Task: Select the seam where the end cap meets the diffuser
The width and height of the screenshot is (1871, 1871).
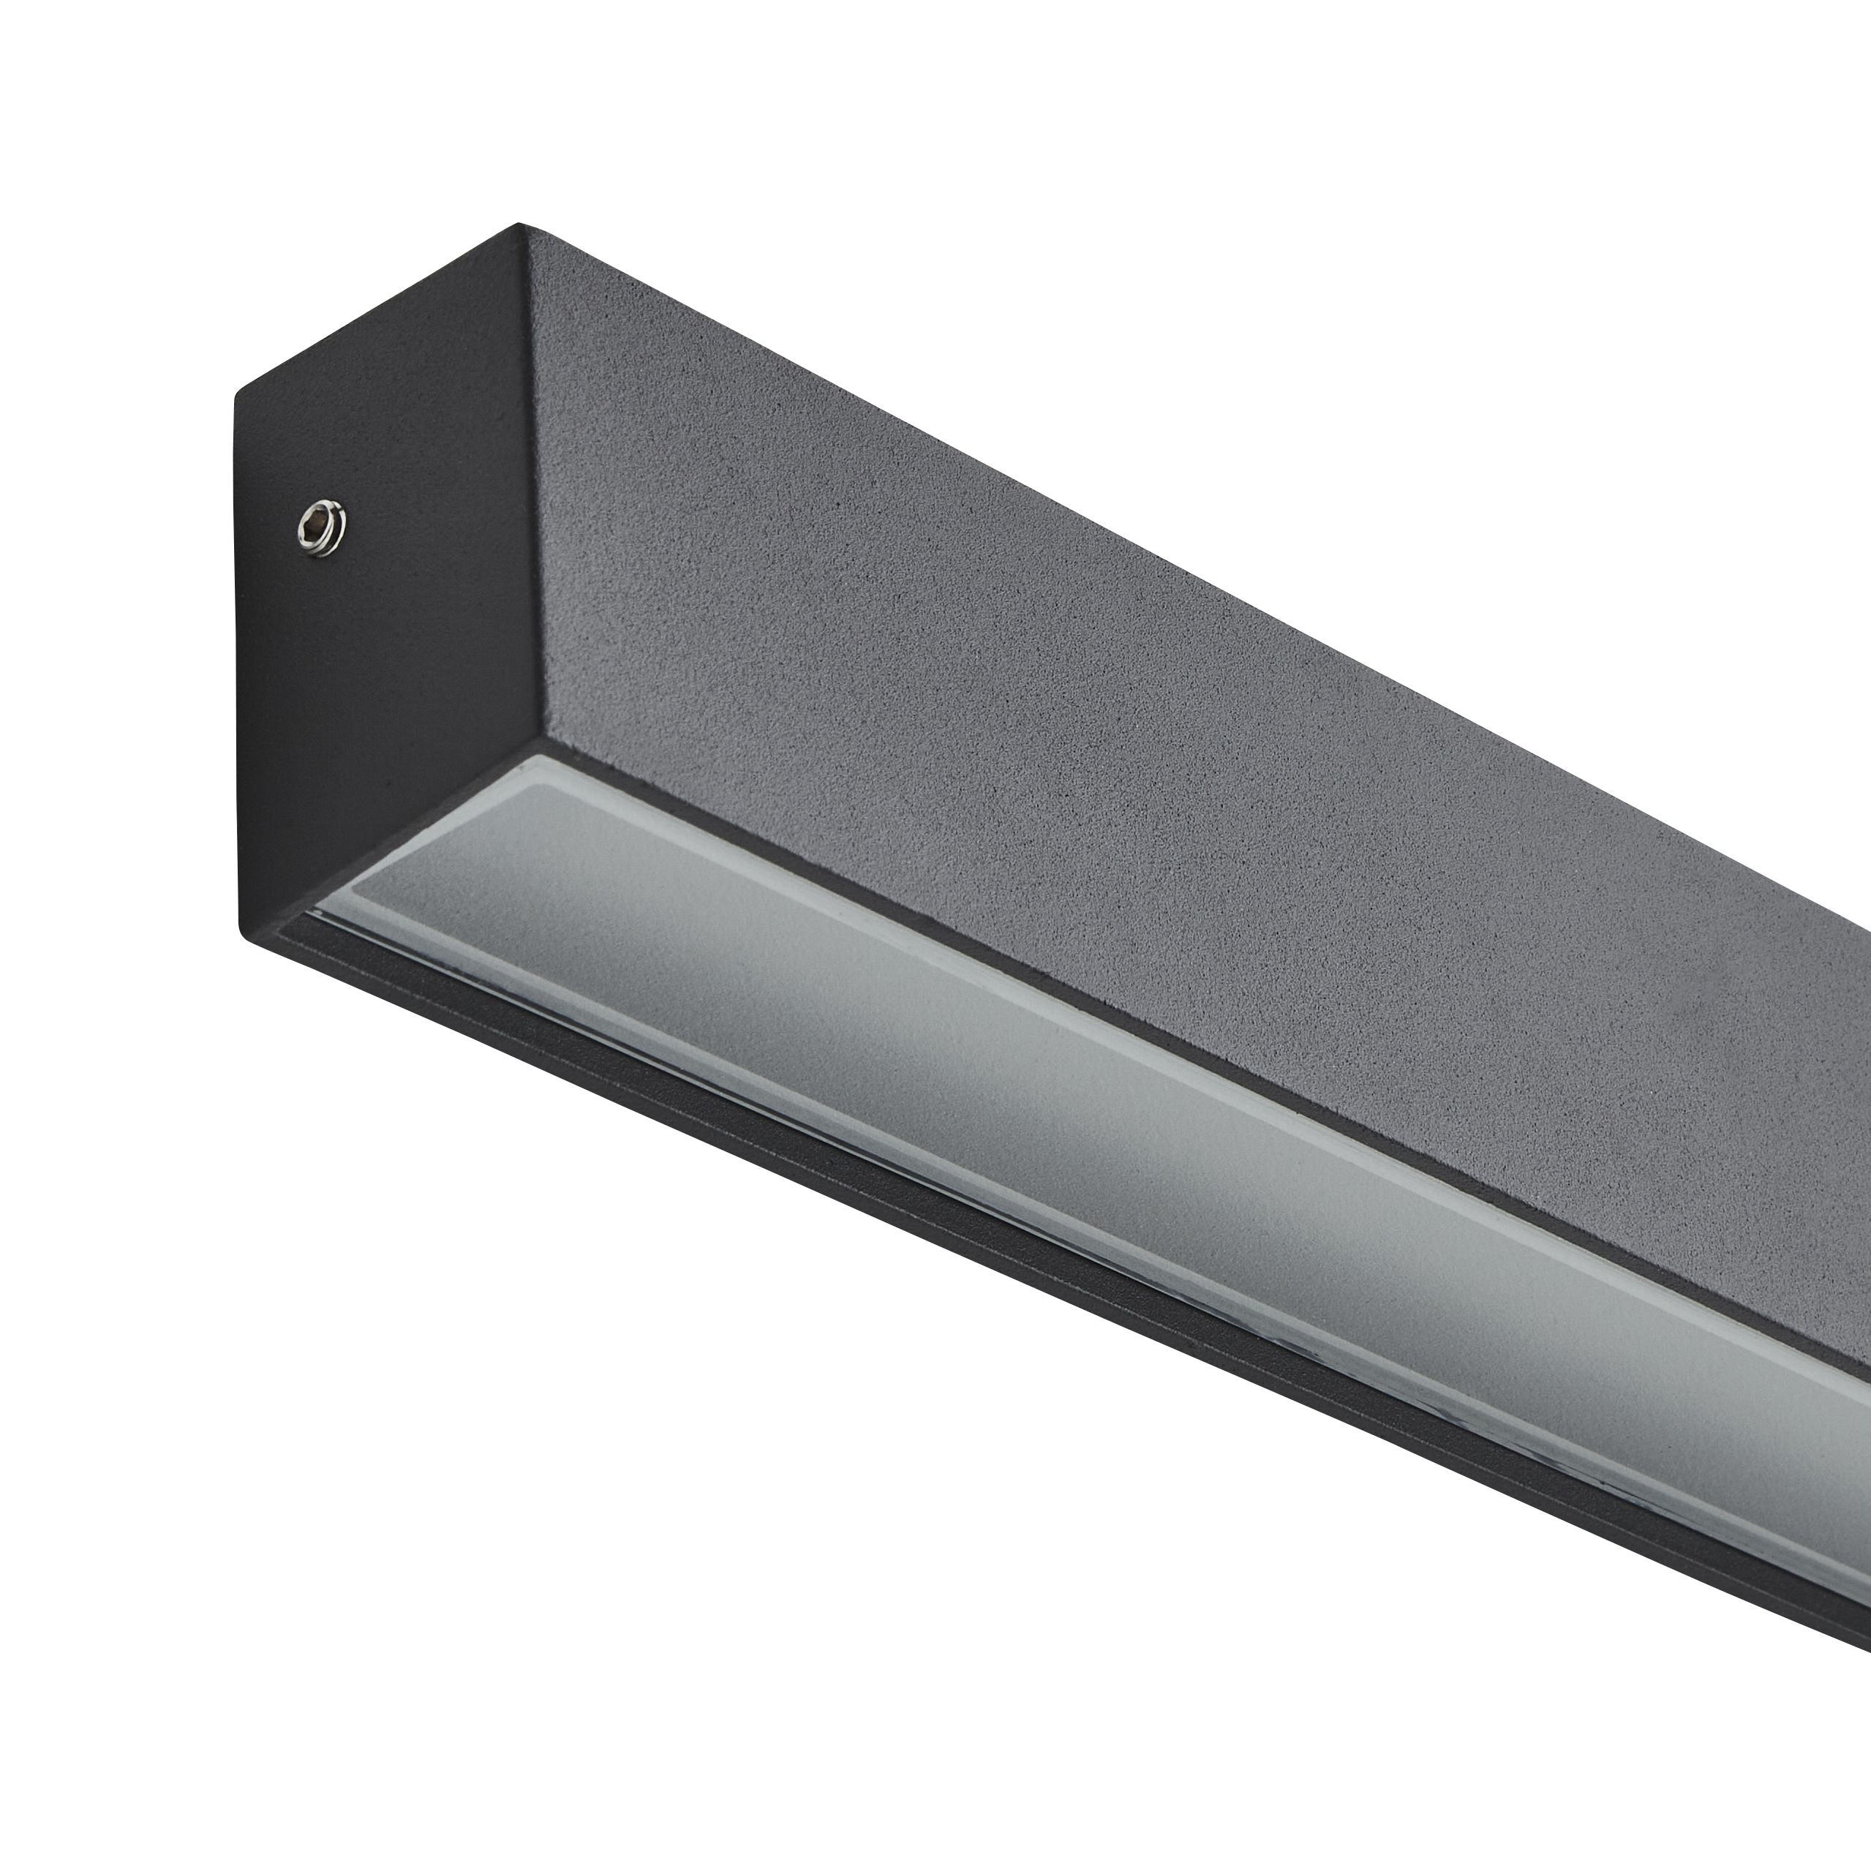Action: tap(407, 823)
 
